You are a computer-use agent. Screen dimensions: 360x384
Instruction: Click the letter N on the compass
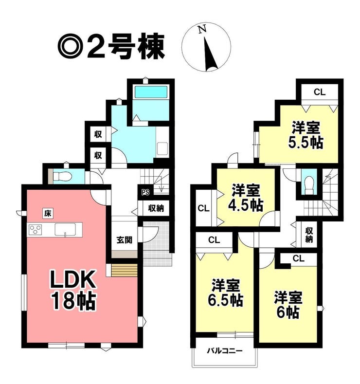click(x=202, y=30)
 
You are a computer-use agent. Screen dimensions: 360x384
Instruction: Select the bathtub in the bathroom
click(x=151, y=92)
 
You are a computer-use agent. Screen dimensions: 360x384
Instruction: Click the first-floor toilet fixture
click(x=62, y=176)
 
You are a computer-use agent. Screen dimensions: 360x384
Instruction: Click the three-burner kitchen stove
click(x=35, y=230)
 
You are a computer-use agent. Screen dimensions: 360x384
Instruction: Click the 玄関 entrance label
click(x=125, y=240)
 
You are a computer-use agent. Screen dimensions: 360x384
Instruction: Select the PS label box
click(x=145, y=192)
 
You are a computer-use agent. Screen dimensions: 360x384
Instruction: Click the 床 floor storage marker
click(x=48, y=213)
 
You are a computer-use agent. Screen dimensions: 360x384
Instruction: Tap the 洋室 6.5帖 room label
click(x=225, y=293)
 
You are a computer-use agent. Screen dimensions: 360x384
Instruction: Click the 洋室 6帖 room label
click(x=288, y=304)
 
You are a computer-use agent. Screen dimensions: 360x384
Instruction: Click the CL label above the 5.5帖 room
click(x=320, y=92)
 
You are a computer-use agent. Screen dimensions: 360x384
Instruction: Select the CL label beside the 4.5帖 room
click(x=204, y=208)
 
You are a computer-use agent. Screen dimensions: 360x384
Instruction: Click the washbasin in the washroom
click(x=162, y=148)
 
